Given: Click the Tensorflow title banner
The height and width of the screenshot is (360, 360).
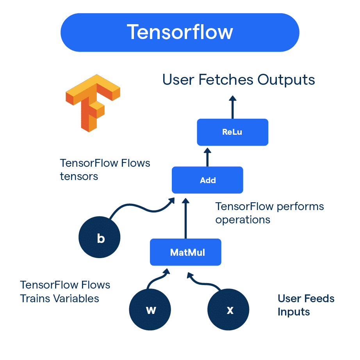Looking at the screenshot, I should coord(180,32).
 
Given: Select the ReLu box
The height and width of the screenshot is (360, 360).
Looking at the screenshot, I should coord(232,132).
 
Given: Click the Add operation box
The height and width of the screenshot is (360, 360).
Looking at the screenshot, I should coord(207,180).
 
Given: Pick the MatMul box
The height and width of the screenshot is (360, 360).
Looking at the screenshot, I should coord(186,252).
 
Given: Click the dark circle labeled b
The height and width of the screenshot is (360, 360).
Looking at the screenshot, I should coord(100,238).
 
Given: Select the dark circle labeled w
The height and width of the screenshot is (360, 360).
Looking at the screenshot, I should coord(150,310).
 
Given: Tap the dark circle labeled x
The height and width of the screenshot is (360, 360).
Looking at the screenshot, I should coord(229,310).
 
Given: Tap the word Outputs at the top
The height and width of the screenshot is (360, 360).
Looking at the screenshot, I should coord(286,80).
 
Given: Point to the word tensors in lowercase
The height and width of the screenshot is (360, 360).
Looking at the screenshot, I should coord(79,176).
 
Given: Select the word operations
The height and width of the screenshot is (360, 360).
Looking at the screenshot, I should coord(242,219).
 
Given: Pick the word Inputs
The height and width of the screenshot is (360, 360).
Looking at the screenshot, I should coord(294,312).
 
